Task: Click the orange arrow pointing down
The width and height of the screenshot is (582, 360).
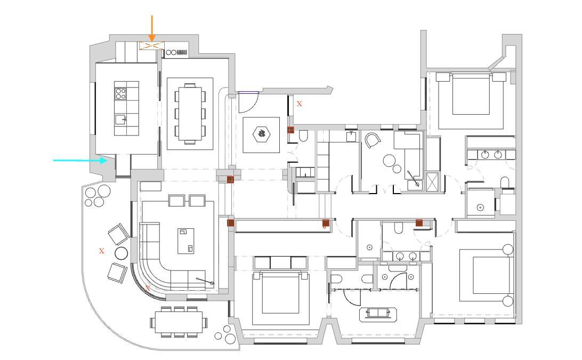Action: pos(151,29)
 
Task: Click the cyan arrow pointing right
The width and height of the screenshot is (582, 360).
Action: pos(80,160)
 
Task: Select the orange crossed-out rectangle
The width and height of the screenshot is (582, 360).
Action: pos(152,45)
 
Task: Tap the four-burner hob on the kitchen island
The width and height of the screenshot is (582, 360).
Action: pos(120,93)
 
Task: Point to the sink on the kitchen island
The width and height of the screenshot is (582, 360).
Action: pos(120,119)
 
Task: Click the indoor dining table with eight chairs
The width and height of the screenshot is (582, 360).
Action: pos(190,114)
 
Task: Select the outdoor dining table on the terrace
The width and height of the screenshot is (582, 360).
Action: pos(179,322)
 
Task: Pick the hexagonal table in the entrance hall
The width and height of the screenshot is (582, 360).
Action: pos(261,135)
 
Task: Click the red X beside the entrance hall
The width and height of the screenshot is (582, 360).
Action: pos(299,104)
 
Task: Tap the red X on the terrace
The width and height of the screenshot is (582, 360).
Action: pos(102,251)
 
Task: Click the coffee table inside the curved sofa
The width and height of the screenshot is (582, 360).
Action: pos(185,241)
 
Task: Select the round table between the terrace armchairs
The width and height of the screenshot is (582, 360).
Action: pos(122,253)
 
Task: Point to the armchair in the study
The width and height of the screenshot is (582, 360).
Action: pos(373,141)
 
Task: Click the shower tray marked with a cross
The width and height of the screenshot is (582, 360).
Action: pos(432,182)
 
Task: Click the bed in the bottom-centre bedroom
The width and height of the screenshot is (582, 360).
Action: pos(280,293)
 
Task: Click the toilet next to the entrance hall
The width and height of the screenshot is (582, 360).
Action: pos(303,136)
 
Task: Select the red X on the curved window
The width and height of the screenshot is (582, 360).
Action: pos(148,287)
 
